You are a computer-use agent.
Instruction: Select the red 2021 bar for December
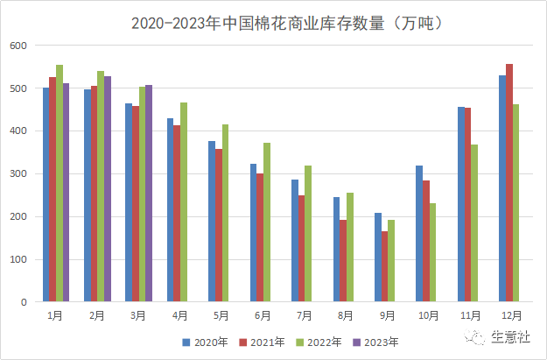(509, 182)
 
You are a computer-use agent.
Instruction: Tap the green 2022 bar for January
(60, 183)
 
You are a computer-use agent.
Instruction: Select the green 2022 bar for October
(432, 252)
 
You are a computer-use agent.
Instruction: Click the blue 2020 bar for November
(460, 204)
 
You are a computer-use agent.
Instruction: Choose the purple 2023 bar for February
(108, 188)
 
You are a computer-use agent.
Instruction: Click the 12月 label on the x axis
(512, 315)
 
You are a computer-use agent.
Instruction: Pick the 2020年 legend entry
(207, 342)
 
